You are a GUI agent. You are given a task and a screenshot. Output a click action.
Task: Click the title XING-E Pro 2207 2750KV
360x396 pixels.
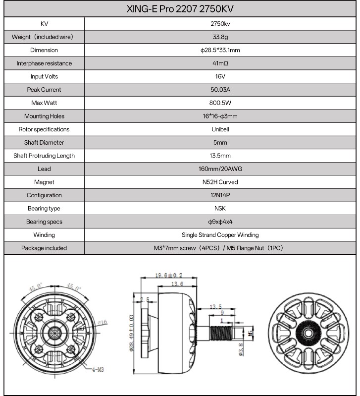click(x=180, y=9)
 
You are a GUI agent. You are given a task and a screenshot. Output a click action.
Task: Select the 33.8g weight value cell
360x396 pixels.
click(x=220, y=37)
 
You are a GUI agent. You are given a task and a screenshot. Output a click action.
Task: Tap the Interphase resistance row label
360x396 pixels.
click(x=44, y=63)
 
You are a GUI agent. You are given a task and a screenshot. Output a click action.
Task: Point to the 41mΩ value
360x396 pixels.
click(x=220, y=63)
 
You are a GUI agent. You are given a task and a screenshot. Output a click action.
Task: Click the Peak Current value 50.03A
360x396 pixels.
click(x=220, y=90)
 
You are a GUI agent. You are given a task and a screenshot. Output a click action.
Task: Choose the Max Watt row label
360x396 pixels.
click(x=44, y=103)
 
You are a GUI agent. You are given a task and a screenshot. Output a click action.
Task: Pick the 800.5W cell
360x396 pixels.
click(x=220, y=103)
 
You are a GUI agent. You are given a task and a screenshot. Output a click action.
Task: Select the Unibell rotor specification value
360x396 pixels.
click(x=220, y=129)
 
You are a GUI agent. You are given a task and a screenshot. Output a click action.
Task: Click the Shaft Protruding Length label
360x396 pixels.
click(x=44, y=156)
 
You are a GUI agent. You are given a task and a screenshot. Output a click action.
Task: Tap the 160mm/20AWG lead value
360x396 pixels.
click(x=220, y=169)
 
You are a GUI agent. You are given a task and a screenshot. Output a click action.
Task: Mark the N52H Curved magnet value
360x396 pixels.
click(x=220, y=182)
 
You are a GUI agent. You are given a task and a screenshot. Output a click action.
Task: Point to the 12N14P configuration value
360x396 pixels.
click(x=220, y=195)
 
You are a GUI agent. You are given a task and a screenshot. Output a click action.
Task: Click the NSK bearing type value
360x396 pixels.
click(x=220, y=209)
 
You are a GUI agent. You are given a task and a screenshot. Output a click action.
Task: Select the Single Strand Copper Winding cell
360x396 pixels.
click(x=220, y=235)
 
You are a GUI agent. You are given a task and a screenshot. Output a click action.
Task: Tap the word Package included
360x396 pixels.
click(x=44, y=248)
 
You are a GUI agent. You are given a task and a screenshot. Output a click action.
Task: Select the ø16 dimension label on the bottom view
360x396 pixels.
click(x=103, y=322)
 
